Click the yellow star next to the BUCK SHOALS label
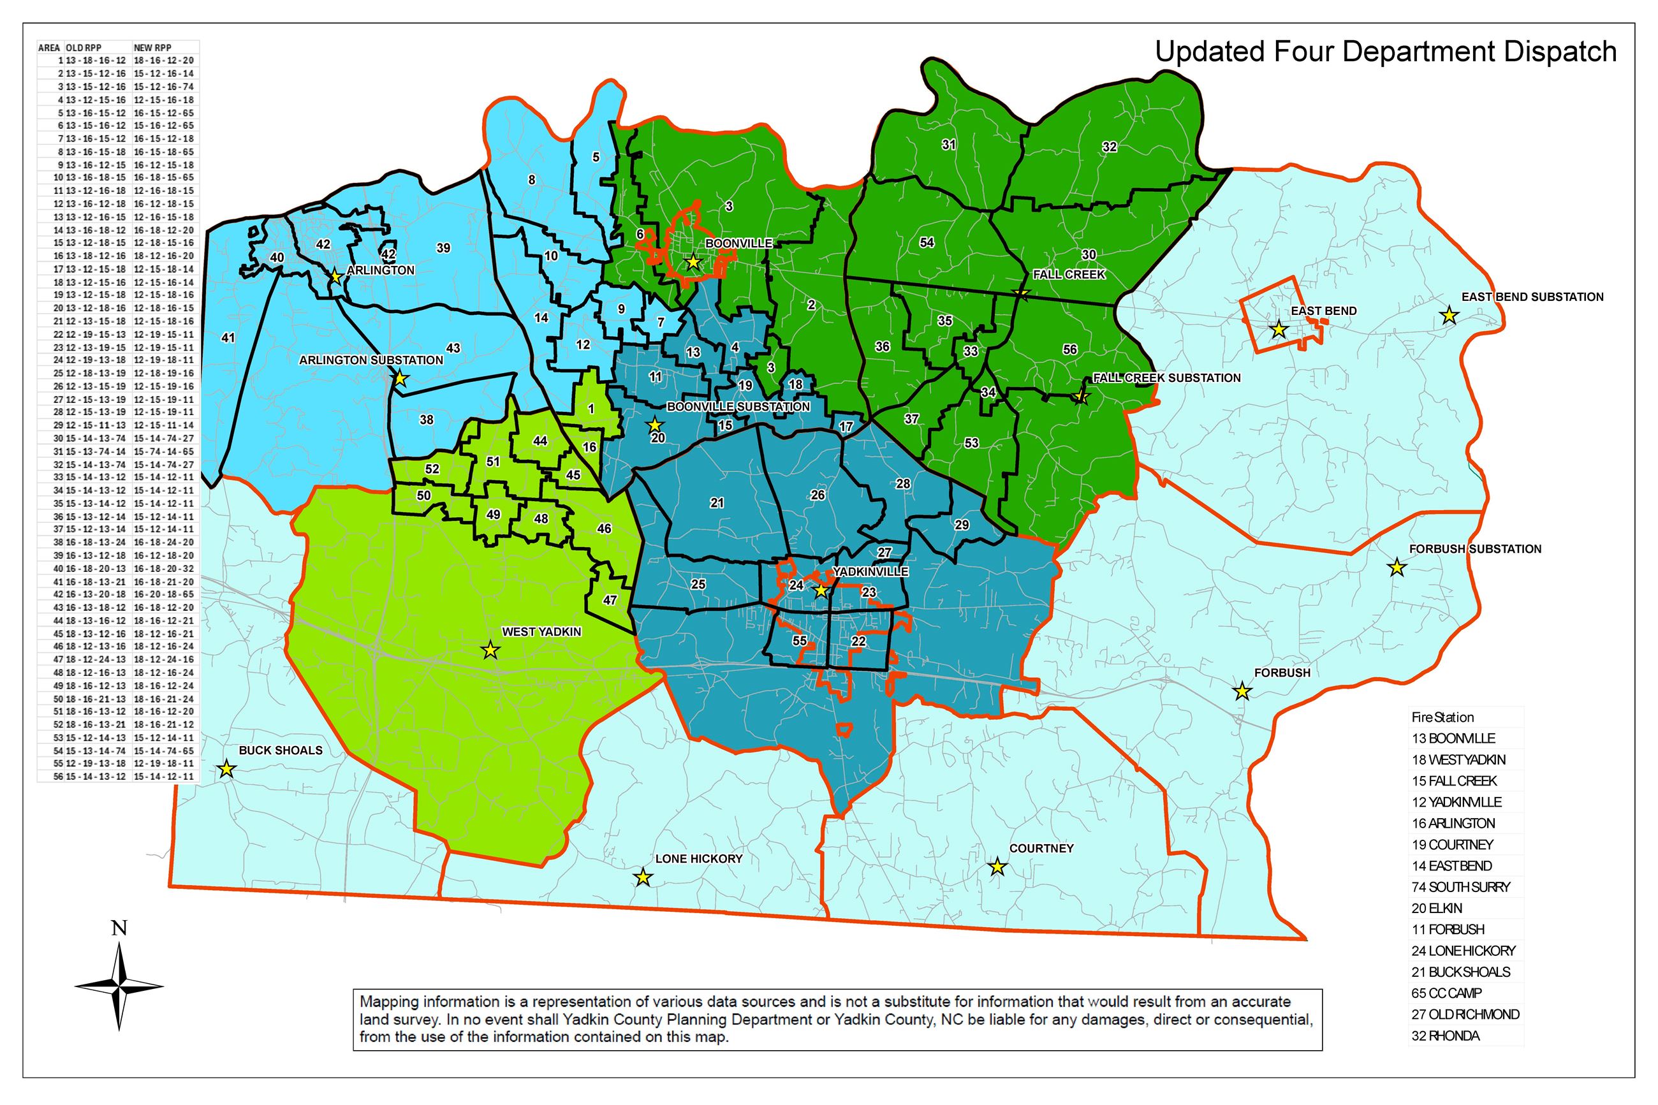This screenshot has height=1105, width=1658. (226, 768)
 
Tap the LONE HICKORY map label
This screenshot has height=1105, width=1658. (698, 858)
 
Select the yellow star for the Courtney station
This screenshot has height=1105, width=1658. (996, 866)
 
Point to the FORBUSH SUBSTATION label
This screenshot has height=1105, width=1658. (1475, 549)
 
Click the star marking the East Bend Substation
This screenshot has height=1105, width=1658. (1449, 315)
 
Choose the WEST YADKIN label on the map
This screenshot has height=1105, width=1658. (541, 631)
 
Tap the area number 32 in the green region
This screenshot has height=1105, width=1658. (1109, 147)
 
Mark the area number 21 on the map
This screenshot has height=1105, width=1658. (717, 503)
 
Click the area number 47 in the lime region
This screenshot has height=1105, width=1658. (610, 601)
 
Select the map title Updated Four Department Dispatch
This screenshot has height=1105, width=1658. (1385, 52)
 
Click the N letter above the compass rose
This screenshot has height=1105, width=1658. (119, 929)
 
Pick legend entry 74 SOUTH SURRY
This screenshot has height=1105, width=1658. (1460, 887)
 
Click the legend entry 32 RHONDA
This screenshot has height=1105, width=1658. (1444, 1036)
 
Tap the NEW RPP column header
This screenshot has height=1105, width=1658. (152, 48)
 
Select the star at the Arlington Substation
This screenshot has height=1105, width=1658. (400, 379)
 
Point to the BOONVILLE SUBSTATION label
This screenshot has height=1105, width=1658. (738, 407)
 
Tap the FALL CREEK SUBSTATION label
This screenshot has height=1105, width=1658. (1166, 377)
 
